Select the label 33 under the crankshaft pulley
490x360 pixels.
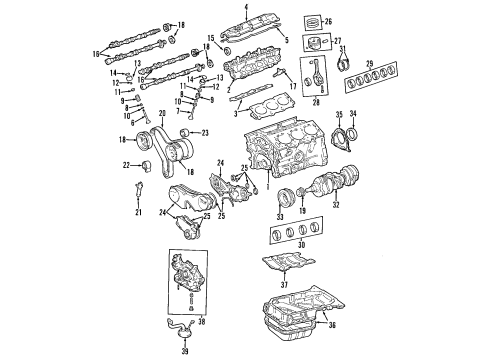[x=279, y=216]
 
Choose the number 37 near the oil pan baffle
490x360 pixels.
[x=286, y=283]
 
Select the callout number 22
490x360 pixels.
[x=125, y=164]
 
